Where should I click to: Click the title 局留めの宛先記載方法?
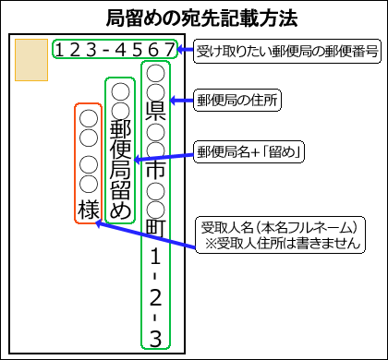click(x=201, y=18)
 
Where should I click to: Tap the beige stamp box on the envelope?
click(x=31, y=60)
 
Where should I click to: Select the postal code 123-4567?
click(x=115, y=50)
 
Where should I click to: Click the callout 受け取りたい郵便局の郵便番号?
click(x=287, y=51)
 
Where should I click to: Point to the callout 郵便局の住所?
click(x=237, y=100)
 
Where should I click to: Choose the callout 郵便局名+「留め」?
click(x=249, y=152)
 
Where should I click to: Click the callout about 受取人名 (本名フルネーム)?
click(x=280, y=235)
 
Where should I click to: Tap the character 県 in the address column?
click(x=155, y=112)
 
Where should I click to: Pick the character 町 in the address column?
click(x=155, y=228)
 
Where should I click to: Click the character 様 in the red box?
click(x=89, y=210)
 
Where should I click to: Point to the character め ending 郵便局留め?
click(x=120, y=210)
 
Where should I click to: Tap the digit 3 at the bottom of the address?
click(x=155, y=339)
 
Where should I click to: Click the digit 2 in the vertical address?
click(x=155, y=297)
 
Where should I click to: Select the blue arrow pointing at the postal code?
click(x=186, y=50)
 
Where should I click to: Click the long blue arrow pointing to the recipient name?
click(x=145, y=234)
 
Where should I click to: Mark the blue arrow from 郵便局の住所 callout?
click(x=182, y=100)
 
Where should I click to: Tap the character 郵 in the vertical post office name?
click(x=120, y=130)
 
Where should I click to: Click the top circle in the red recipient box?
click(x=89, y=118)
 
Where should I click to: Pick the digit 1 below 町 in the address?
click(x=155, y=256)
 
